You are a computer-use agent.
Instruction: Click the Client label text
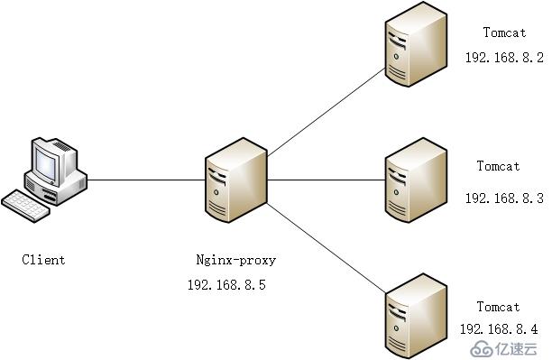[x=43, y=260]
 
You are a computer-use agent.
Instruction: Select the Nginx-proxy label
[x=236, y=261]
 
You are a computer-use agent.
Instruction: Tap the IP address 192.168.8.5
[x=226, y=284]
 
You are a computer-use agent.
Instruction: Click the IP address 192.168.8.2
[x=504, y=58]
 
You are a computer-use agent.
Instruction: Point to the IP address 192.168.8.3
[x=504, y=198]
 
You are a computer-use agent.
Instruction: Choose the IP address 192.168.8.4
[x=499, y=329]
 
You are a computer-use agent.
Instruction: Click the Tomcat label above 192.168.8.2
[x=505, y=32]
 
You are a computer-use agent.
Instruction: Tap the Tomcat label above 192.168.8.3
[x=499, y=166]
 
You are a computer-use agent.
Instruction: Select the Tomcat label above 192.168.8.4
[x=499, y=307]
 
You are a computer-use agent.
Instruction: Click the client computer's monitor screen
[x=46, y=162]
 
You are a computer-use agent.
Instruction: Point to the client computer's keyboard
[x=25, y=206]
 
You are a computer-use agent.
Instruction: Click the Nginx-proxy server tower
[x=236, y=180]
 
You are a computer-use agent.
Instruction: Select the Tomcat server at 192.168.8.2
[x=416, y=44]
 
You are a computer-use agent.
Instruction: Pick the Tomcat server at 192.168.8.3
[x=416, y=180]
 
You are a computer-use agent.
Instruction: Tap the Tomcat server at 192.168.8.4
[x=416, y=316]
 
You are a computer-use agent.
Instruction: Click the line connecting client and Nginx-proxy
[x=146, y=180]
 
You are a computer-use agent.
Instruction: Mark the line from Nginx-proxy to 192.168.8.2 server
[x=327, y=112]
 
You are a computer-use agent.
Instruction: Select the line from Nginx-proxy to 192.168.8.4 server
[x=327, y=247]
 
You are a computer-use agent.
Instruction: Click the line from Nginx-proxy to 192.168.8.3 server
[x=327, y=180]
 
